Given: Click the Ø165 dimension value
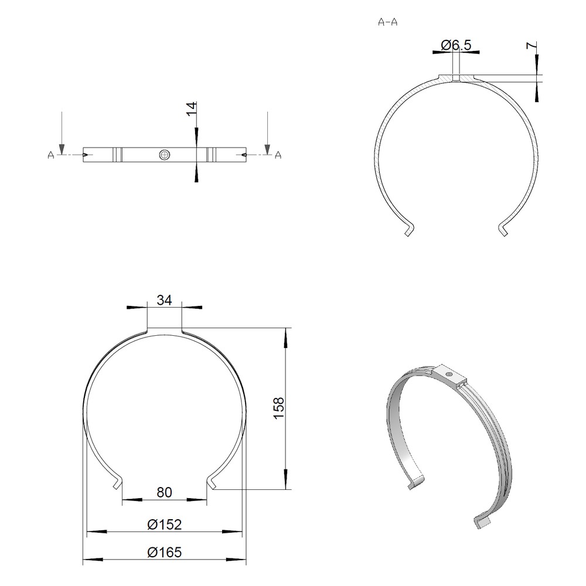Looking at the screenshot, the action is point(165,552).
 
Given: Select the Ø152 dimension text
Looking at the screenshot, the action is point(165,524).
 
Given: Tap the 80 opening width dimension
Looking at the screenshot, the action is point(165,493).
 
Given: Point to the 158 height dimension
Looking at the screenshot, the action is point(279,408).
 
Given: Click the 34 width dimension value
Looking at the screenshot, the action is point(165,299).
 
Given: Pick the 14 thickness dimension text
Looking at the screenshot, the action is point(192,109).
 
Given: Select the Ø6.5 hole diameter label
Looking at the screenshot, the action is point(456,45).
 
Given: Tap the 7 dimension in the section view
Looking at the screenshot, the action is point(531,46).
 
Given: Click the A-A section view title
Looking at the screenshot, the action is point(388,22).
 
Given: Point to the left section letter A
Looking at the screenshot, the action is point(51,155).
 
